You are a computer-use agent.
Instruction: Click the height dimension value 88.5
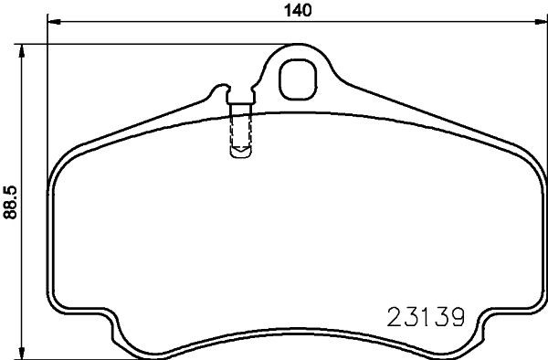click(11, 204)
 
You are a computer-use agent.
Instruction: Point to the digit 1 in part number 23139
click(420, 318)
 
